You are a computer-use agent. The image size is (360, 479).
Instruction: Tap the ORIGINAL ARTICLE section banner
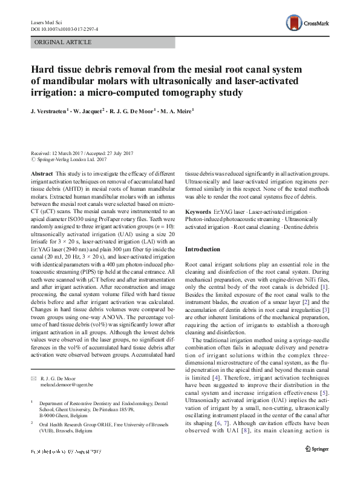64,42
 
